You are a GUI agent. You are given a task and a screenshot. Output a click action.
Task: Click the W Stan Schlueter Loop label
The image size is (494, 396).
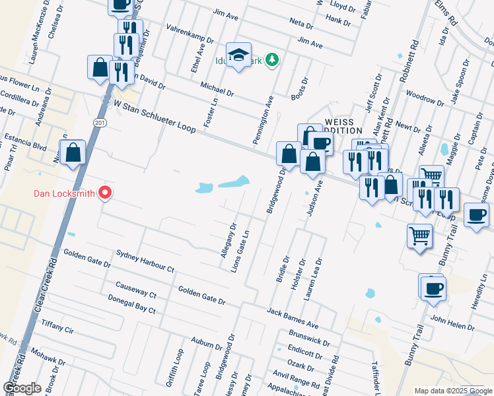tap(155, 116)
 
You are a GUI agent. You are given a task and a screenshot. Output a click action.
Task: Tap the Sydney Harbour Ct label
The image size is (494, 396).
tap(144, 261)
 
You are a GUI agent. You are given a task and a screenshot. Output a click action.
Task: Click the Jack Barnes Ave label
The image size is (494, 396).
tap(293, 317)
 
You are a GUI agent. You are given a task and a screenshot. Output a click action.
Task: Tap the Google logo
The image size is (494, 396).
tap(22, 388)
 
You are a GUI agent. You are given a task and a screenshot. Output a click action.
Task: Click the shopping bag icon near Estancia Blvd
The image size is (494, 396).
tap(73, 152)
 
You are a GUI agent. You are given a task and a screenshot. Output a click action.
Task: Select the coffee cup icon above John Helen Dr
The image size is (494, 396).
tap(433, 288)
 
